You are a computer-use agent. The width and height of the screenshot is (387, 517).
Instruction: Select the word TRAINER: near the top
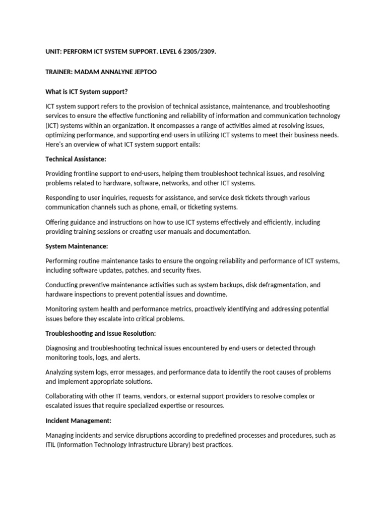pos(58,72)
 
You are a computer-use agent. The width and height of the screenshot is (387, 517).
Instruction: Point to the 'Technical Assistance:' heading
pos(76,159)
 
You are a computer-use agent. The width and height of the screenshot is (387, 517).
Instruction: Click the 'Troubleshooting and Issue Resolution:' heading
pos(100,333)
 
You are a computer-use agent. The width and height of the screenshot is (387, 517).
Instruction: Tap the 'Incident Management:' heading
pos(78,421)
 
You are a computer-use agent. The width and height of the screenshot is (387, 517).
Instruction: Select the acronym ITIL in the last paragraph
pos(52,445)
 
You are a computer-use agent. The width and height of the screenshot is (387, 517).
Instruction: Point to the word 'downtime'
pos(213,294)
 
